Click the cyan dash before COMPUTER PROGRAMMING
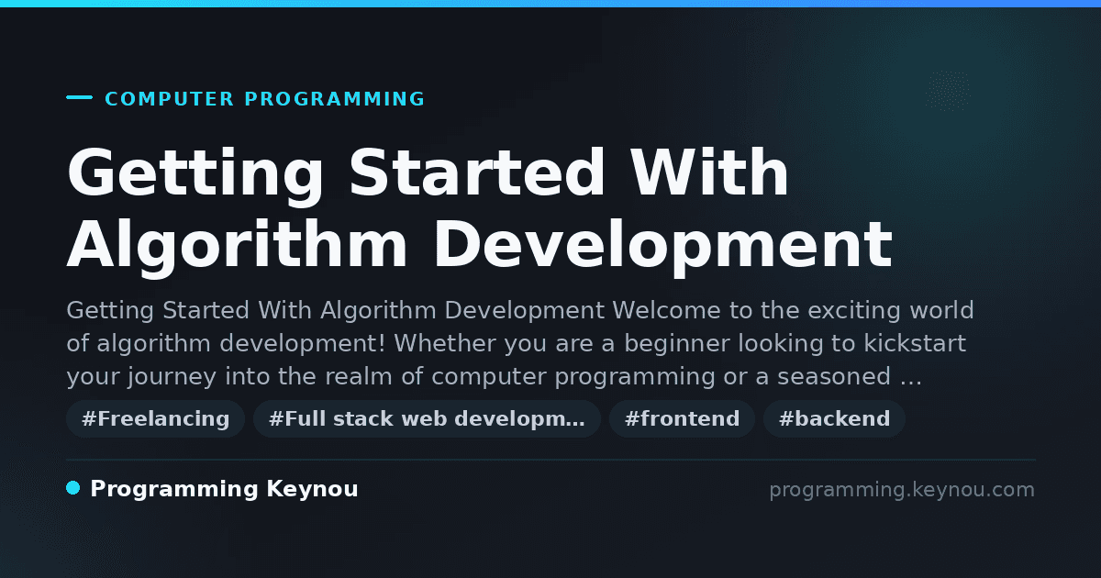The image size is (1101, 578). [79, 97]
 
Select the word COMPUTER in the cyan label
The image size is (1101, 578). [170, 99]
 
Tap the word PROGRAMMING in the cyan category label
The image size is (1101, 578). [334, 99]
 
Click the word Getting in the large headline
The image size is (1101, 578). [195, 175]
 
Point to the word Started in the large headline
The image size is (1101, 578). [476, 172]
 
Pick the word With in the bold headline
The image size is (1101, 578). [709, 172]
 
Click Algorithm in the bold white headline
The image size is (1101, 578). [237, 247]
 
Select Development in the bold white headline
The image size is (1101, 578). [663, 247]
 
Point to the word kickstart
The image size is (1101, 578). [915, 343]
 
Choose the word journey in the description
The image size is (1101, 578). [172, 377]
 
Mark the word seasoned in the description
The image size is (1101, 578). [834, 376]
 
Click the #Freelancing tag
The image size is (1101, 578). [155, 418]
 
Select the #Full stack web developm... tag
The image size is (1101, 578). [427, 418]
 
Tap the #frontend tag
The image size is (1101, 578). [682, 418]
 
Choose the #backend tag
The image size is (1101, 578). [834, 418]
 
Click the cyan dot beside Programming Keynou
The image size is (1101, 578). [73, 488]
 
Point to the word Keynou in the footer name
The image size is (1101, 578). [312, 489]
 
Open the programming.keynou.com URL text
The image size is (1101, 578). [902, 490]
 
